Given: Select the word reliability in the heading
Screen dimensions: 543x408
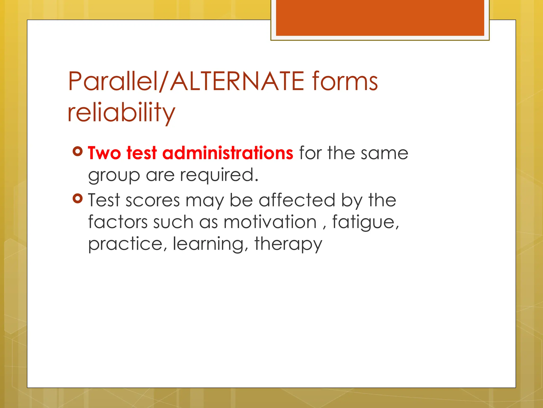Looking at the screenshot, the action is click(121, 112).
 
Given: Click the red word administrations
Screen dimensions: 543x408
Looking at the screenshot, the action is click(227, 153).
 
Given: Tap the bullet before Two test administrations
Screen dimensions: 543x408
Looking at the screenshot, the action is click(78, 151).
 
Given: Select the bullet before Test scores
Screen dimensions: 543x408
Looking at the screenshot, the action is click(78, 198).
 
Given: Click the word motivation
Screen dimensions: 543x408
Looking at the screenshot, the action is click(270, 222).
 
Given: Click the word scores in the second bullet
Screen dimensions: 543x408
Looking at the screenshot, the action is click(153, 201).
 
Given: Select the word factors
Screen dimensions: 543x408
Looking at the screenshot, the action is click(118, 222).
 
